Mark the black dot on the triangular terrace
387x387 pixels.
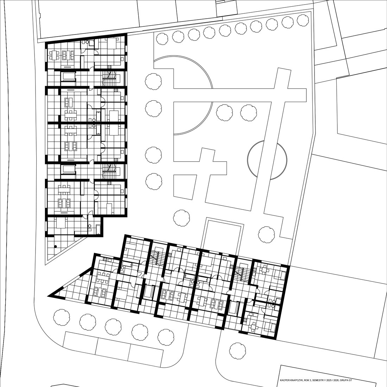click(x=56, y=246)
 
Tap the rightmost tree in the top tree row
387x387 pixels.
click(x=303, y=20)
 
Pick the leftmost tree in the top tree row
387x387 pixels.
click(x=162, y=39)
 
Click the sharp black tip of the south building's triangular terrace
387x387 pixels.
click(x=49, y=295)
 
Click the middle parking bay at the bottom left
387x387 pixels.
click(x=113, y=346)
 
